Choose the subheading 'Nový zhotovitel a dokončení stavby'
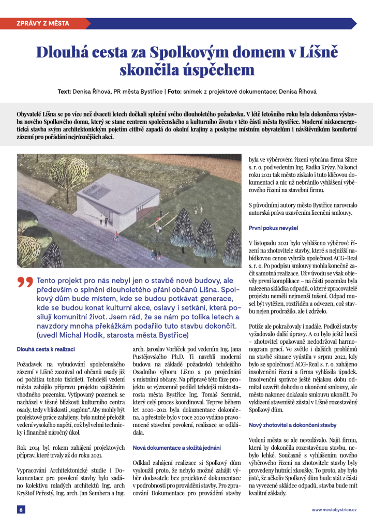coord(292,425)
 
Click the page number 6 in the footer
coord(21,509)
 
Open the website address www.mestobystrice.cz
coord(334,510)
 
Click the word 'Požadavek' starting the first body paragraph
coord(32,364)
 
